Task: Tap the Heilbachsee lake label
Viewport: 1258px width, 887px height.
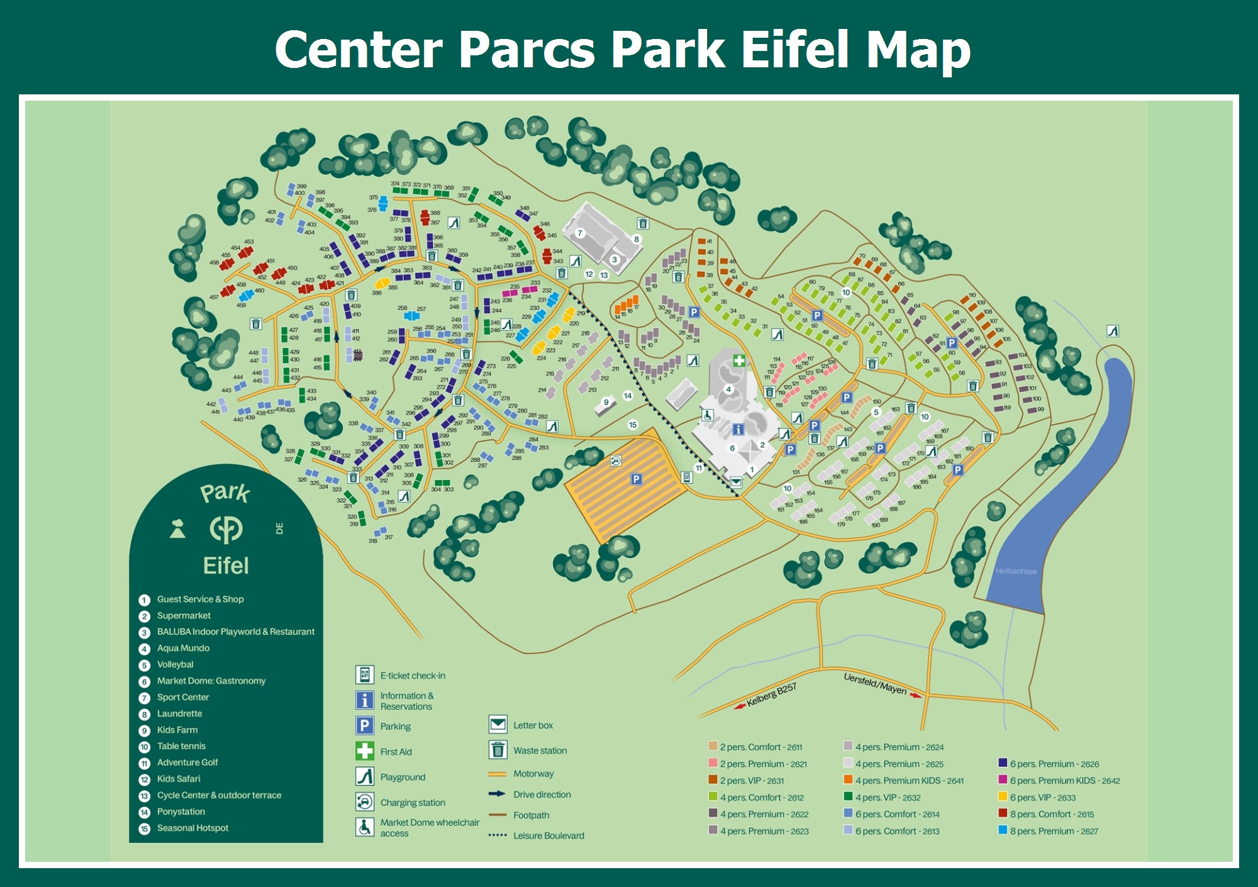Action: point(1016,571)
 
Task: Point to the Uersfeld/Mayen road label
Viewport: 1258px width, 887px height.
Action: point(875,684)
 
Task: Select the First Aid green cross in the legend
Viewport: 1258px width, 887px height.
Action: point(365,751)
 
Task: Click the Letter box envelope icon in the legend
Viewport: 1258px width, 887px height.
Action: point(498,725)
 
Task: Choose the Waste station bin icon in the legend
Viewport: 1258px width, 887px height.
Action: point(498,750)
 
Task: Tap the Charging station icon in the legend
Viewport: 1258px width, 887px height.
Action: point(365,802)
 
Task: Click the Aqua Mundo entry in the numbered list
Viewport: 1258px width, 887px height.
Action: point(183,648)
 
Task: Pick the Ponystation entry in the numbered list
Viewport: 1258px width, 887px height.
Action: point(181,812)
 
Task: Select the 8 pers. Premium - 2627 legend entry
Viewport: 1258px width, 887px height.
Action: point(1054,831)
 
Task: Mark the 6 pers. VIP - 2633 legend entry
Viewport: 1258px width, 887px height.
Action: point(1042,798)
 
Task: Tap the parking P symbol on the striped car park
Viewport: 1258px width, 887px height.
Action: point(636,479)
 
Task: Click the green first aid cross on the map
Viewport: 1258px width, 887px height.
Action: point(739,360)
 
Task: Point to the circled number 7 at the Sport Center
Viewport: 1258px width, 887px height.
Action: point(580,233)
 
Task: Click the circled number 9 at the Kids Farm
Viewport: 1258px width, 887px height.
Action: point(606,402)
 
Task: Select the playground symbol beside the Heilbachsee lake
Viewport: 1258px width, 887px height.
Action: point(1113,331)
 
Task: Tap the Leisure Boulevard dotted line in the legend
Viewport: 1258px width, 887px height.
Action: point(498,835)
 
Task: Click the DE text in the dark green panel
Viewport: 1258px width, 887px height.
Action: point(280,528)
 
